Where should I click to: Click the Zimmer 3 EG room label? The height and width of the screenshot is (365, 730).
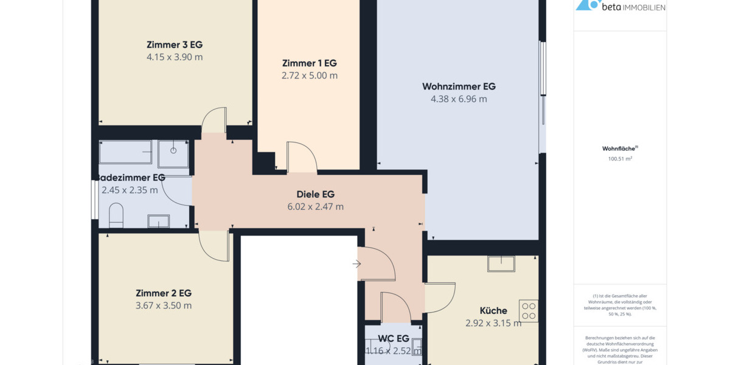[174, 44]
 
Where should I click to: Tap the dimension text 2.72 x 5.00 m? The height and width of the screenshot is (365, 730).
[309, 75]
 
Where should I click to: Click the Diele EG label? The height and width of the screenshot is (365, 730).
[315, 194]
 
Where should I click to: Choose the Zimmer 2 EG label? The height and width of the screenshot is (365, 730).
[164, 293]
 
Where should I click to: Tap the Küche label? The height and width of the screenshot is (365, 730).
[493, 310]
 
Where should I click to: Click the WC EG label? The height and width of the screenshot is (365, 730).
[393, 338]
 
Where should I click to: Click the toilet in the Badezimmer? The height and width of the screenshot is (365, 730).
[116, 215]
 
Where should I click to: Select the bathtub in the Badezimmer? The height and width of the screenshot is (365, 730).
[125, 152]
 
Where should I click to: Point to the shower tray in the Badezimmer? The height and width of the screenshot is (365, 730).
[173, 153]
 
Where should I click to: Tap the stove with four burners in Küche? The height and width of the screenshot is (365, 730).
[528, 311]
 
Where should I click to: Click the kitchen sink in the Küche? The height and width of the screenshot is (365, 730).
[501, 263]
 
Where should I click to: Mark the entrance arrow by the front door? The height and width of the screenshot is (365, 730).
[356, 263]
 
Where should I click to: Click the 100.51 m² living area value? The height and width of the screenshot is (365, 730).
[620, 159]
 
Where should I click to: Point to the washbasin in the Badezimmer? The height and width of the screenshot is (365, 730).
[158, 221]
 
